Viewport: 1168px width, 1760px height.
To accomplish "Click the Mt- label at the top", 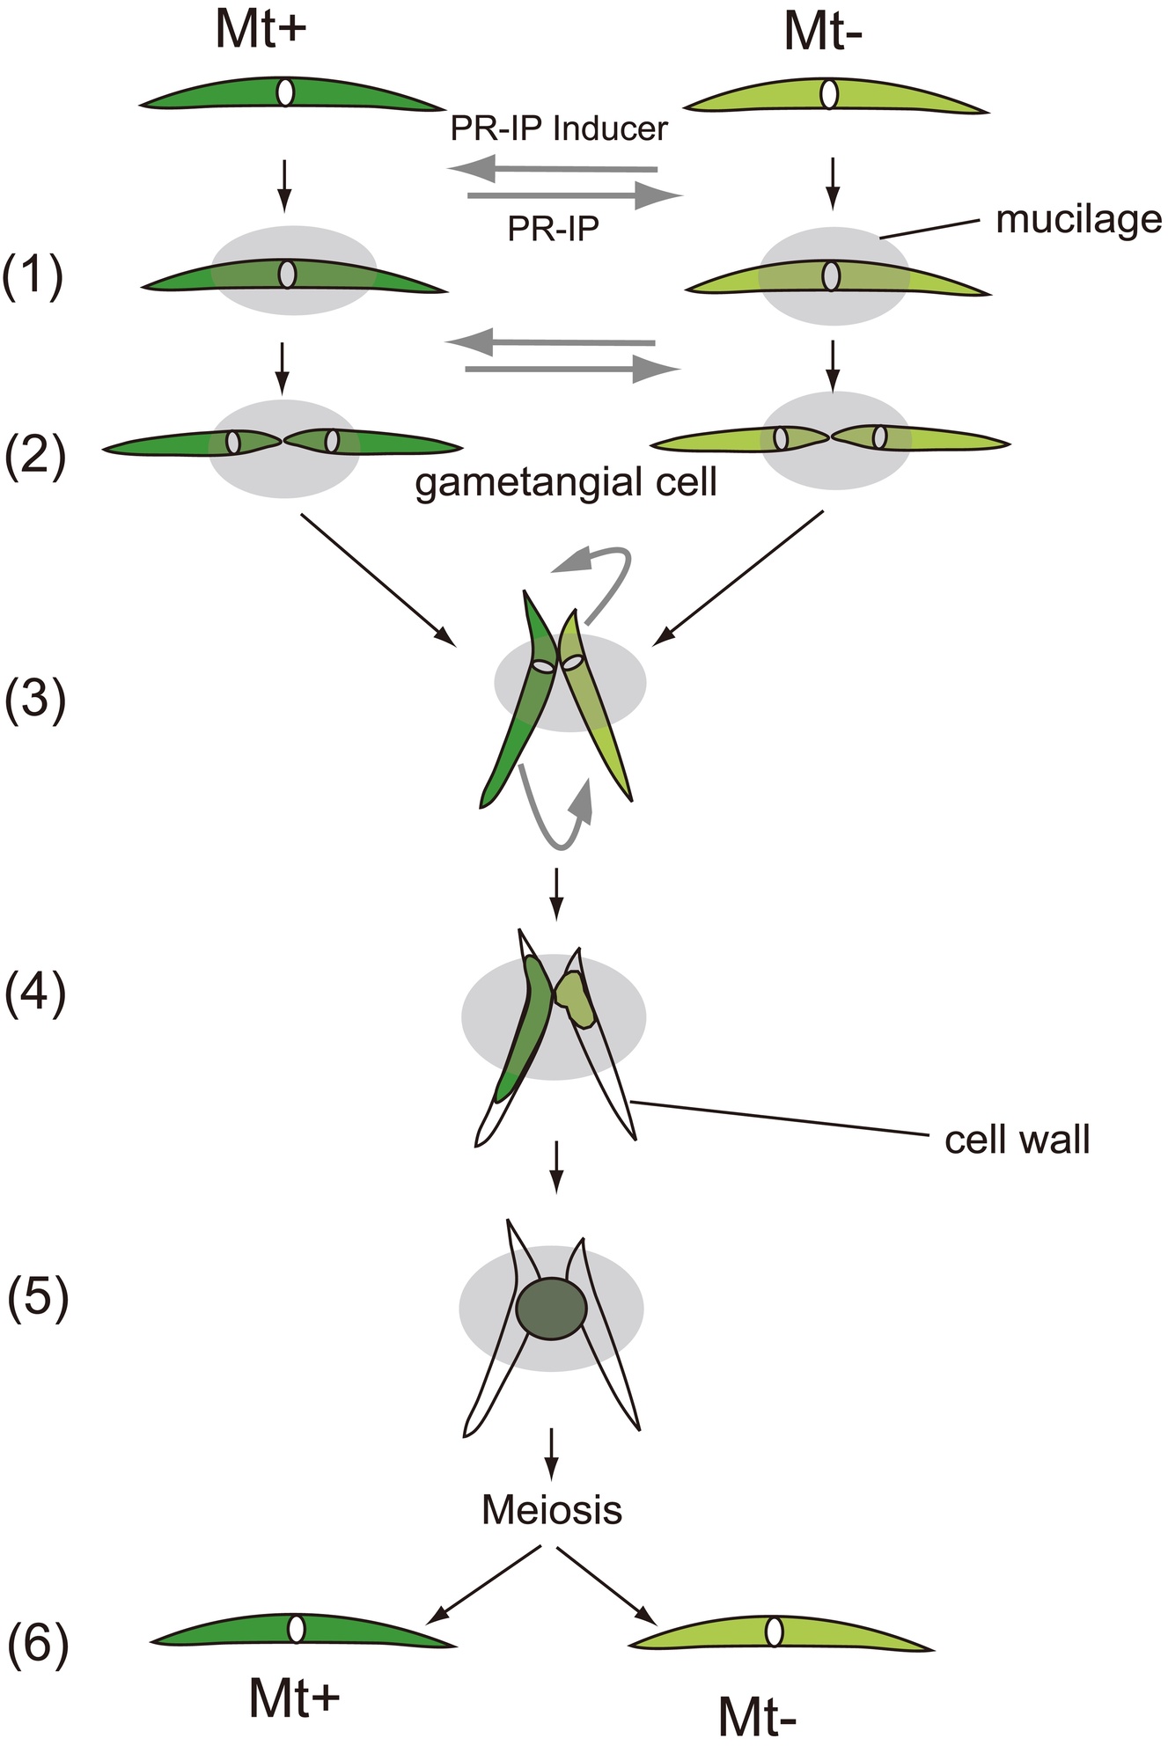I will pyautogui.click(x=823, y=33).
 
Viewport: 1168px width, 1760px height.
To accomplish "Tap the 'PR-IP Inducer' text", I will pyautogui.click(x=559, y=128).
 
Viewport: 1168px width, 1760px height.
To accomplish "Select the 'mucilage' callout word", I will pyautogui.click(x=1078, y=220).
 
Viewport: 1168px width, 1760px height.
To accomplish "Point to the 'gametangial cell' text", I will pyautogui.click(x=566, y=482).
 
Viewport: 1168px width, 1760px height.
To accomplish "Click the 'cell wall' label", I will pyautogui.click(x=1017, y=1140).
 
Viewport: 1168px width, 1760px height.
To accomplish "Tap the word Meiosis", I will pyautogui.click(x=552, y=1510).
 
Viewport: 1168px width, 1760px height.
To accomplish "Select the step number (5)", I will pyautogui.click(x=37, y=1300).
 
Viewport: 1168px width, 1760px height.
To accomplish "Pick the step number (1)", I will pyautogui.click(x=33, y=278).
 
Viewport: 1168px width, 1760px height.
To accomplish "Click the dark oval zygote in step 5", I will pyautogui.click(x=551, y=1307).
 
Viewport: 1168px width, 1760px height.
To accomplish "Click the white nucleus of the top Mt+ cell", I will pyautogui.click(x=285, y=92).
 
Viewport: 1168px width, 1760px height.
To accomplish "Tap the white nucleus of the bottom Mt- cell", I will pyautogui.click(x=774, y=1631).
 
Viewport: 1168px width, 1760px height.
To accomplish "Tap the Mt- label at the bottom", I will pyautogui.click(x=757, y=1716).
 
